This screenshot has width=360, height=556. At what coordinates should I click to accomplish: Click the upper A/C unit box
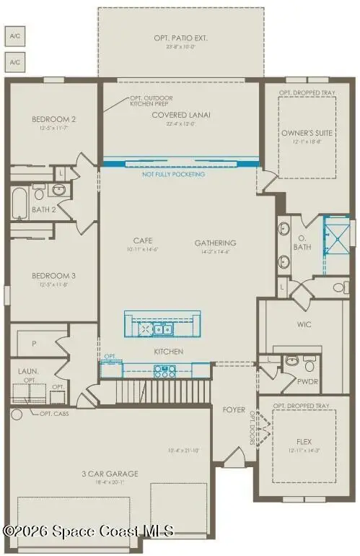(14, 35)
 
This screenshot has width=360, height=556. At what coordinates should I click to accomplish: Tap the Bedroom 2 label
(54, 119)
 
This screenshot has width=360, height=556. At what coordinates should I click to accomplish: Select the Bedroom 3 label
(54, 276)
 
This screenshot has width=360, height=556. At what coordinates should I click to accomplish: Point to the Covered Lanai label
(180, 114)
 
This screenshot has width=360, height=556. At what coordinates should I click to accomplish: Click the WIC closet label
(304, 325)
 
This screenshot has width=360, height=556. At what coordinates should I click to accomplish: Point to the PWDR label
(308, 381)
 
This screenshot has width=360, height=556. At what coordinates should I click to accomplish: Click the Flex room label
(304, 440)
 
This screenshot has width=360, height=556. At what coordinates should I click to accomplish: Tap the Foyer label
(234, 409)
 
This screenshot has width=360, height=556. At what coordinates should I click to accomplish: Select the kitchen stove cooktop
(165, 371)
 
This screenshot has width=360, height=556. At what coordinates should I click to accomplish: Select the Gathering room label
(216, 243)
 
